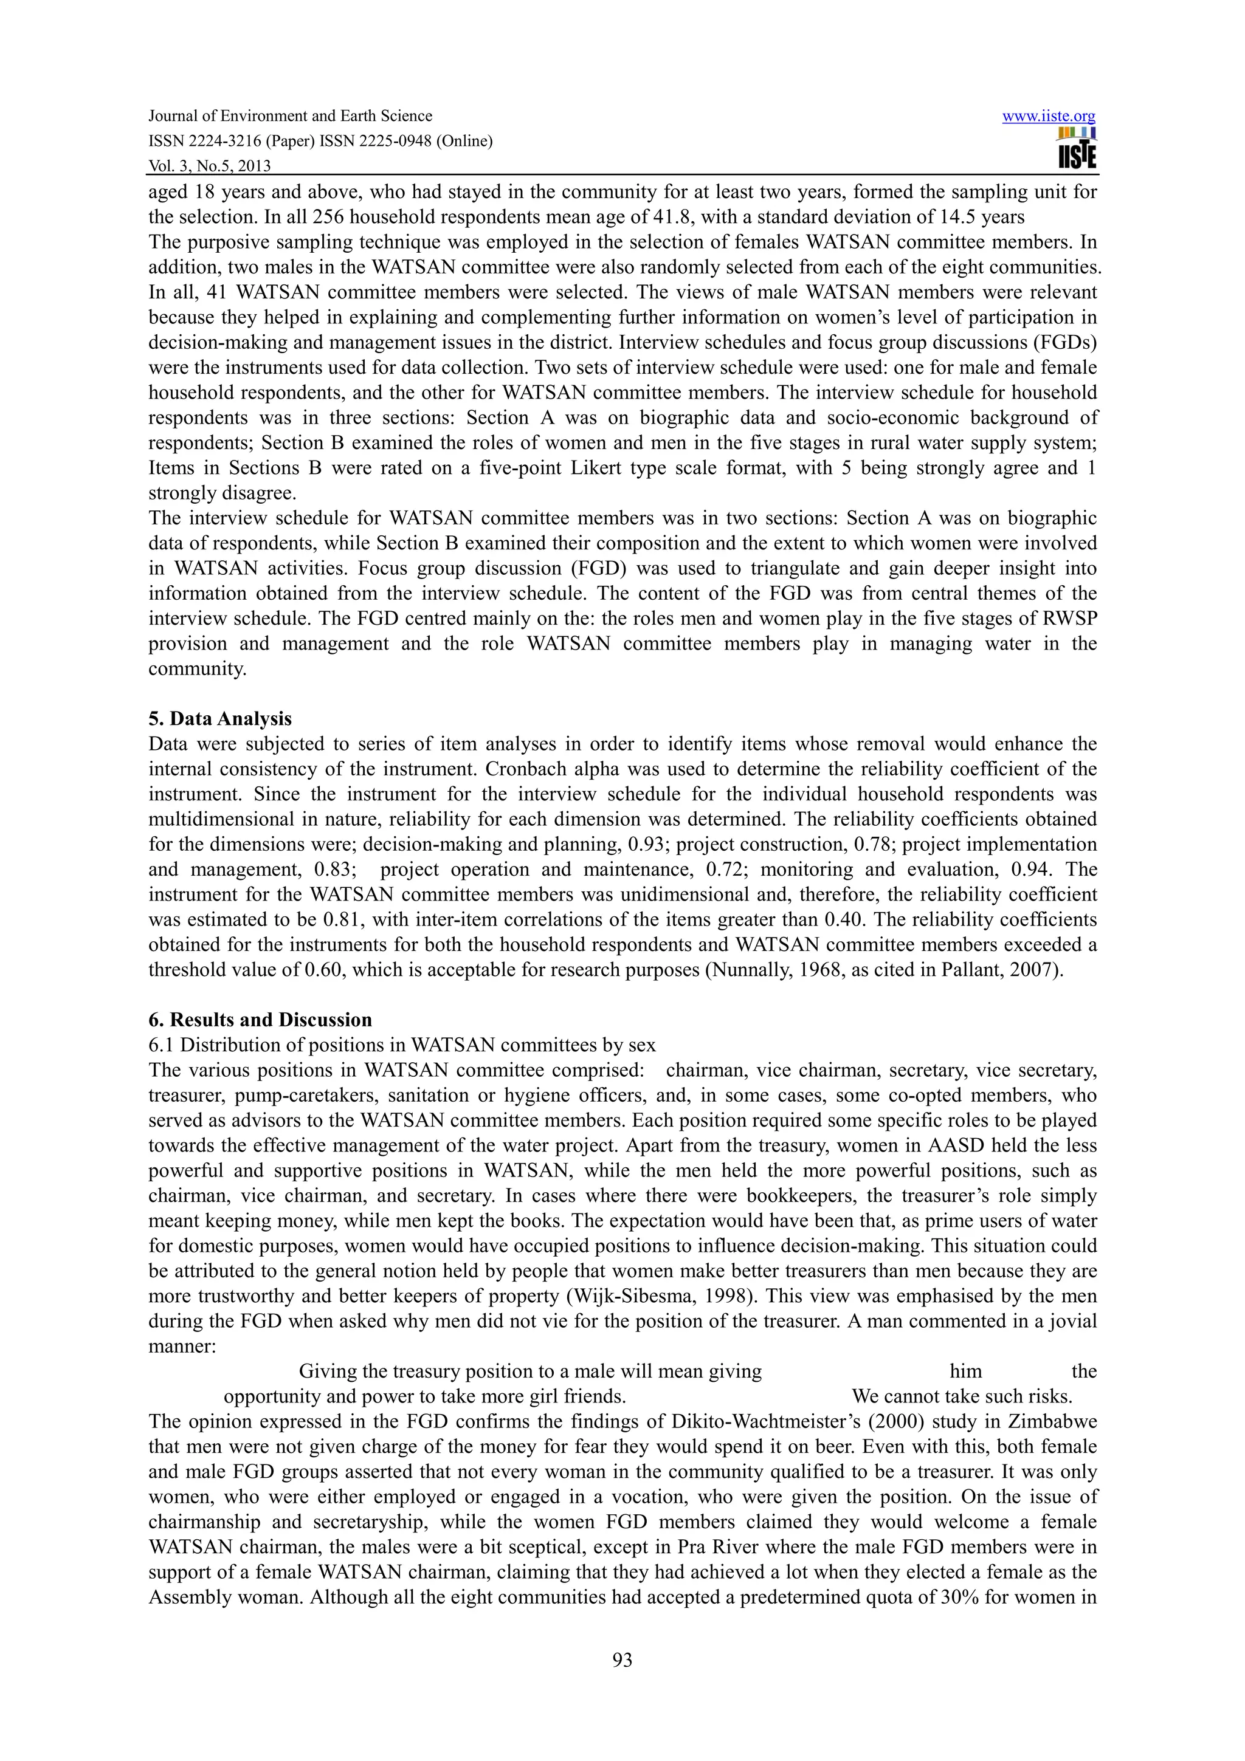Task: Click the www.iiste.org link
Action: point(1049,117)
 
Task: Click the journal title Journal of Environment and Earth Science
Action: point(290,116)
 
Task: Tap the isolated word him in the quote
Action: point(966,1371)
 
